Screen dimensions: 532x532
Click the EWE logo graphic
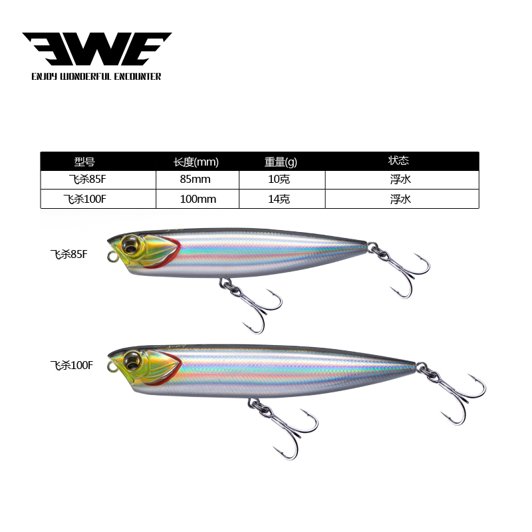(x=96, y=49)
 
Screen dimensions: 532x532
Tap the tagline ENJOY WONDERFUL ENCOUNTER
(x=96, y=76)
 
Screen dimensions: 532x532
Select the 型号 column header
(x=85, y=162)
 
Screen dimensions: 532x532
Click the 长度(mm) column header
(x=196, y=162)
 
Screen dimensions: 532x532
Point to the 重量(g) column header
(x=281, y=162)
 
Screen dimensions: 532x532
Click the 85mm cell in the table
(x=196, y=180)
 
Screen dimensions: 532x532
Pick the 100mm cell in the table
(x=198, y=199)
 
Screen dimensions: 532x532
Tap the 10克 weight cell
(x=281, y=180)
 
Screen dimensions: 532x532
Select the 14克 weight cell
(x=281, y=199)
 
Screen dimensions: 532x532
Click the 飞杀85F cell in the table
(x=86, y=180)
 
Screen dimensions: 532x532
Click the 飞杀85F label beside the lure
(x=68, y=254)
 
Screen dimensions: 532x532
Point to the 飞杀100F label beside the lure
(x=71, y=364)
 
